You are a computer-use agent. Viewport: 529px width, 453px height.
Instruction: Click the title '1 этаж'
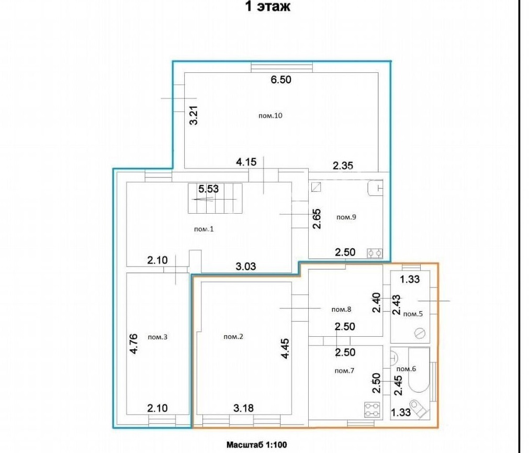[x=267, y=6]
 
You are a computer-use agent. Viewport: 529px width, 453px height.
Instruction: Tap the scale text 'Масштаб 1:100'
[x=256, y=445]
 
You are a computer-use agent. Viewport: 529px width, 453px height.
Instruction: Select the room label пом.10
[x=270, y=115]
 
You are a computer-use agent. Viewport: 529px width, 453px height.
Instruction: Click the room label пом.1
[x=204, y=229]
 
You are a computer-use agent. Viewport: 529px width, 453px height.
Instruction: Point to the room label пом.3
[x=157, y=337]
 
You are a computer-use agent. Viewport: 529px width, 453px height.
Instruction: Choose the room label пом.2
[x=233, y=337]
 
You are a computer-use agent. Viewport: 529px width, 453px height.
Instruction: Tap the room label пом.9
[x=346, y=217]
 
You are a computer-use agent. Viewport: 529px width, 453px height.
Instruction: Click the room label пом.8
[x=342, y=309]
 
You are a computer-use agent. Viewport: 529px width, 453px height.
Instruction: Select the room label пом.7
[x=344, y=371]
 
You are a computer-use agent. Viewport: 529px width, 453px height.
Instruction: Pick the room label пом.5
[x=413, y=314]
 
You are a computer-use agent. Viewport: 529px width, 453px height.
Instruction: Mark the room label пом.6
[x=406, y=369]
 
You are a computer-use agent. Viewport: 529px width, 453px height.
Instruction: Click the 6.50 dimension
[x=281, y=80]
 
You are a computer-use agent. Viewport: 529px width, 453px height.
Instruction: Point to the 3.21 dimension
[x=194, y=115]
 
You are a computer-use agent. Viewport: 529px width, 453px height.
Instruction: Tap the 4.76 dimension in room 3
[x=133, y=344]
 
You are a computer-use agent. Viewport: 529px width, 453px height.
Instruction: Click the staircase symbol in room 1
[x=215, y=198]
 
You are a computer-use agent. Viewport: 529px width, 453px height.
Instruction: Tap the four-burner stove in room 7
[x=373, y=410]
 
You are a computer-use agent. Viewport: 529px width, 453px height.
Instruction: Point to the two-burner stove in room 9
[x=375, y=253]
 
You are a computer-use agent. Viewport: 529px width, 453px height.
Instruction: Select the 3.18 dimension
[x=243, y=408]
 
